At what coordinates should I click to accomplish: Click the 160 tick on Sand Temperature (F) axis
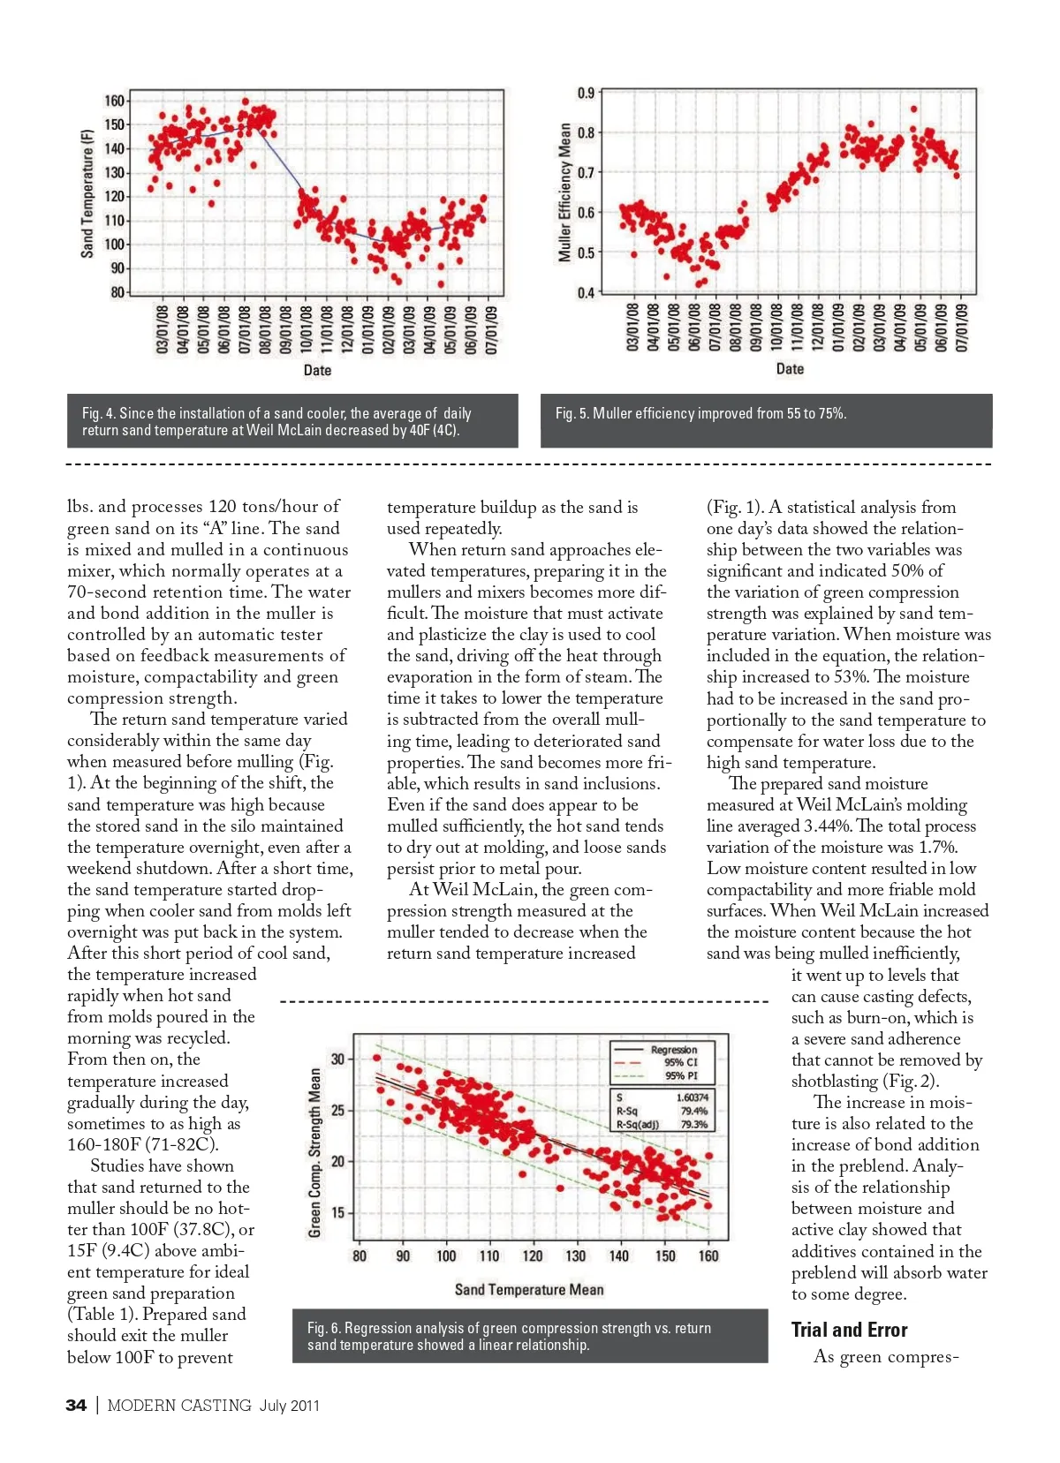pos(114,101)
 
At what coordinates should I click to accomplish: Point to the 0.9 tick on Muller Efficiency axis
pos(586,93)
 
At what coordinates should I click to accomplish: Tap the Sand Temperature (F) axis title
pos(87,193)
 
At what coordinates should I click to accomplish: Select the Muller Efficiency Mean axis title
pos(564,192)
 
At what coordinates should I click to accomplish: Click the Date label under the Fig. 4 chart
pos(317,370)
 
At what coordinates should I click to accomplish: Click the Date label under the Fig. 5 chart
pos(790,369)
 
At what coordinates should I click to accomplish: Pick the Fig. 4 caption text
pos(276,421)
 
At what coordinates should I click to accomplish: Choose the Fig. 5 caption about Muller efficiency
pos(700,413)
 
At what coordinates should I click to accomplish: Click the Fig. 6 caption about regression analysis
pos(509,1336)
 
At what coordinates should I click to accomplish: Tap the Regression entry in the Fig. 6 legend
pos(674,1050)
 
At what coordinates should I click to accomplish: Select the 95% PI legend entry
pos(681,1075)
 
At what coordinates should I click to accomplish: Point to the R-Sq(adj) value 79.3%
pos(693,1124)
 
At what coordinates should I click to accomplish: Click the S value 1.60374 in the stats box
pos(692,1097)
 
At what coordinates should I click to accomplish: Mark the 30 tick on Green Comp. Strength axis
pos(337,1059)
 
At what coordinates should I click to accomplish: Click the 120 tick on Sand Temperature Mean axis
pos(533,1256)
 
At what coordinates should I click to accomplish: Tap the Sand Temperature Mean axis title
pos(529,1289)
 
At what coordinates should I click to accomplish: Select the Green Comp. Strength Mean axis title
pos(314,1152)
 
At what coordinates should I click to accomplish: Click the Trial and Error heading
pos(849,1330)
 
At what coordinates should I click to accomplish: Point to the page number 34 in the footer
pos(76,1405)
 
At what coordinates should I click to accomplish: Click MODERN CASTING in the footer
pos(179,1405)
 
